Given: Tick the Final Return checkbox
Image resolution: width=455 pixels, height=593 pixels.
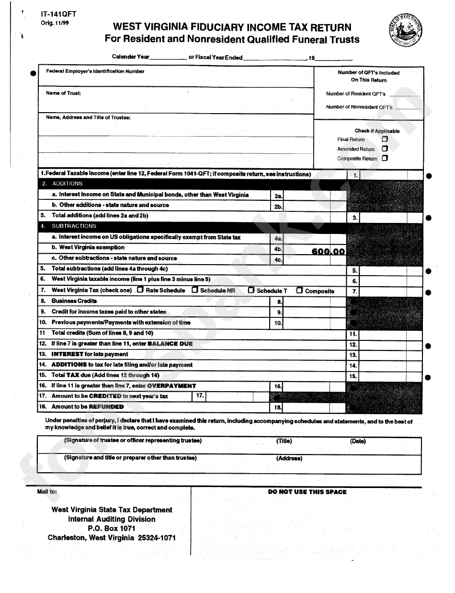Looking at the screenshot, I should click(x=385, y=139).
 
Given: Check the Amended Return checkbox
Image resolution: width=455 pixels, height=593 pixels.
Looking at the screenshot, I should click(x=385, y=149).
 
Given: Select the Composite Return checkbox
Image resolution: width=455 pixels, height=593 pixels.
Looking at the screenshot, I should click(x=385, y=158).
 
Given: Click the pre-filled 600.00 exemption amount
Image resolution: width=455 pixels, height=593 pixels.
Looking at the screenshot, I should click(x=328, y=251).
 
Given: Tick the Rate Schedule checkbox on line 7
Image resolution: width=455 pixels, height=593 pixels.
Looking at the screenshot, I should click(x=140, y=290).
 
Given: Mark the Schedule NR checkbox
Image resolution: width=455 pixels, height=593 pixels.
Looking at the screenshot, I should click(x=195, y=290).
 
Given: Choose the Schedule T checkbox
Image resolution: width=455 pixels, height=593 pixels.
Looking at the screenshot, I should click(x=251, y=290).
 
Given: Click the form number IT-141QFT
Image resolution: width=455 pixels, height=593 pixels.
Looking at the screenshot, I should click(x=58, y=14).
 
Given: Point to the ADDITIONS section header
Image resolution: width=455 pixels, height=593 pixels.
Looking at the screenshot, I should click(x=67, y=184).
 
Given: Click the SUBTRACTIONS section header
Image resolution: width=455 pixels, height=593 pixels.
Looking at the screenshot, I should click(x=74, y=226).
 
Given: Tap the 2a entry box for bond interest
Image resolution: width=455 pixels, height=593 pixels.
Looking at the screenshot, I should click(x=314, y=195).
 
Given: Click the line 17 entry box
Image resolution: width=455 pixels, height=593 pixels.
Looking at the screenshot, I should click(x=237, y=396).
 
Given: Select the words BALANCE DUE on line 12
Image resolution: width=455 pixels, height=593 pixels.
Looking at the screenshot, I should click(x=170, y=344).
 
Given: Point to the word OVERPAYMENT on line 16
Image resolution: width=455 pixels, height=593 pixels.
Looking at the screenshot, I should click(x=171, y=386).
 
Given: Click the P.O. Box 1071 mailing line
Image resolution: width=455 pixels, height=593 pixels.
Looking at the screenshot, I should click(x=112, y=528).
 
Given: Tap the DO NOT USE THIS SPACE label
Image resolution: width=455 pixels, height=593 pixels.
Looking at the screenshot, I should click(x=307, y=492).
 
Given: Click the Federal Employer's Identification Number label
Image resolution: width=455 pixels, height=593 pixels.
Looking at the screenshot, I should click(x=95, y=71).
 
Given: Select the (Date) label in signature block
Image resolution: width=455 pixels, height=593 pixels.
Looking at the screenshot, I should click(x=358, y=441).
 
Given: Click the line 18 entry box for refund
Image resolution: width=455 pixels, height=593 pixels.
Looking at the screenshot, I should click(x=314, y=407).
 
